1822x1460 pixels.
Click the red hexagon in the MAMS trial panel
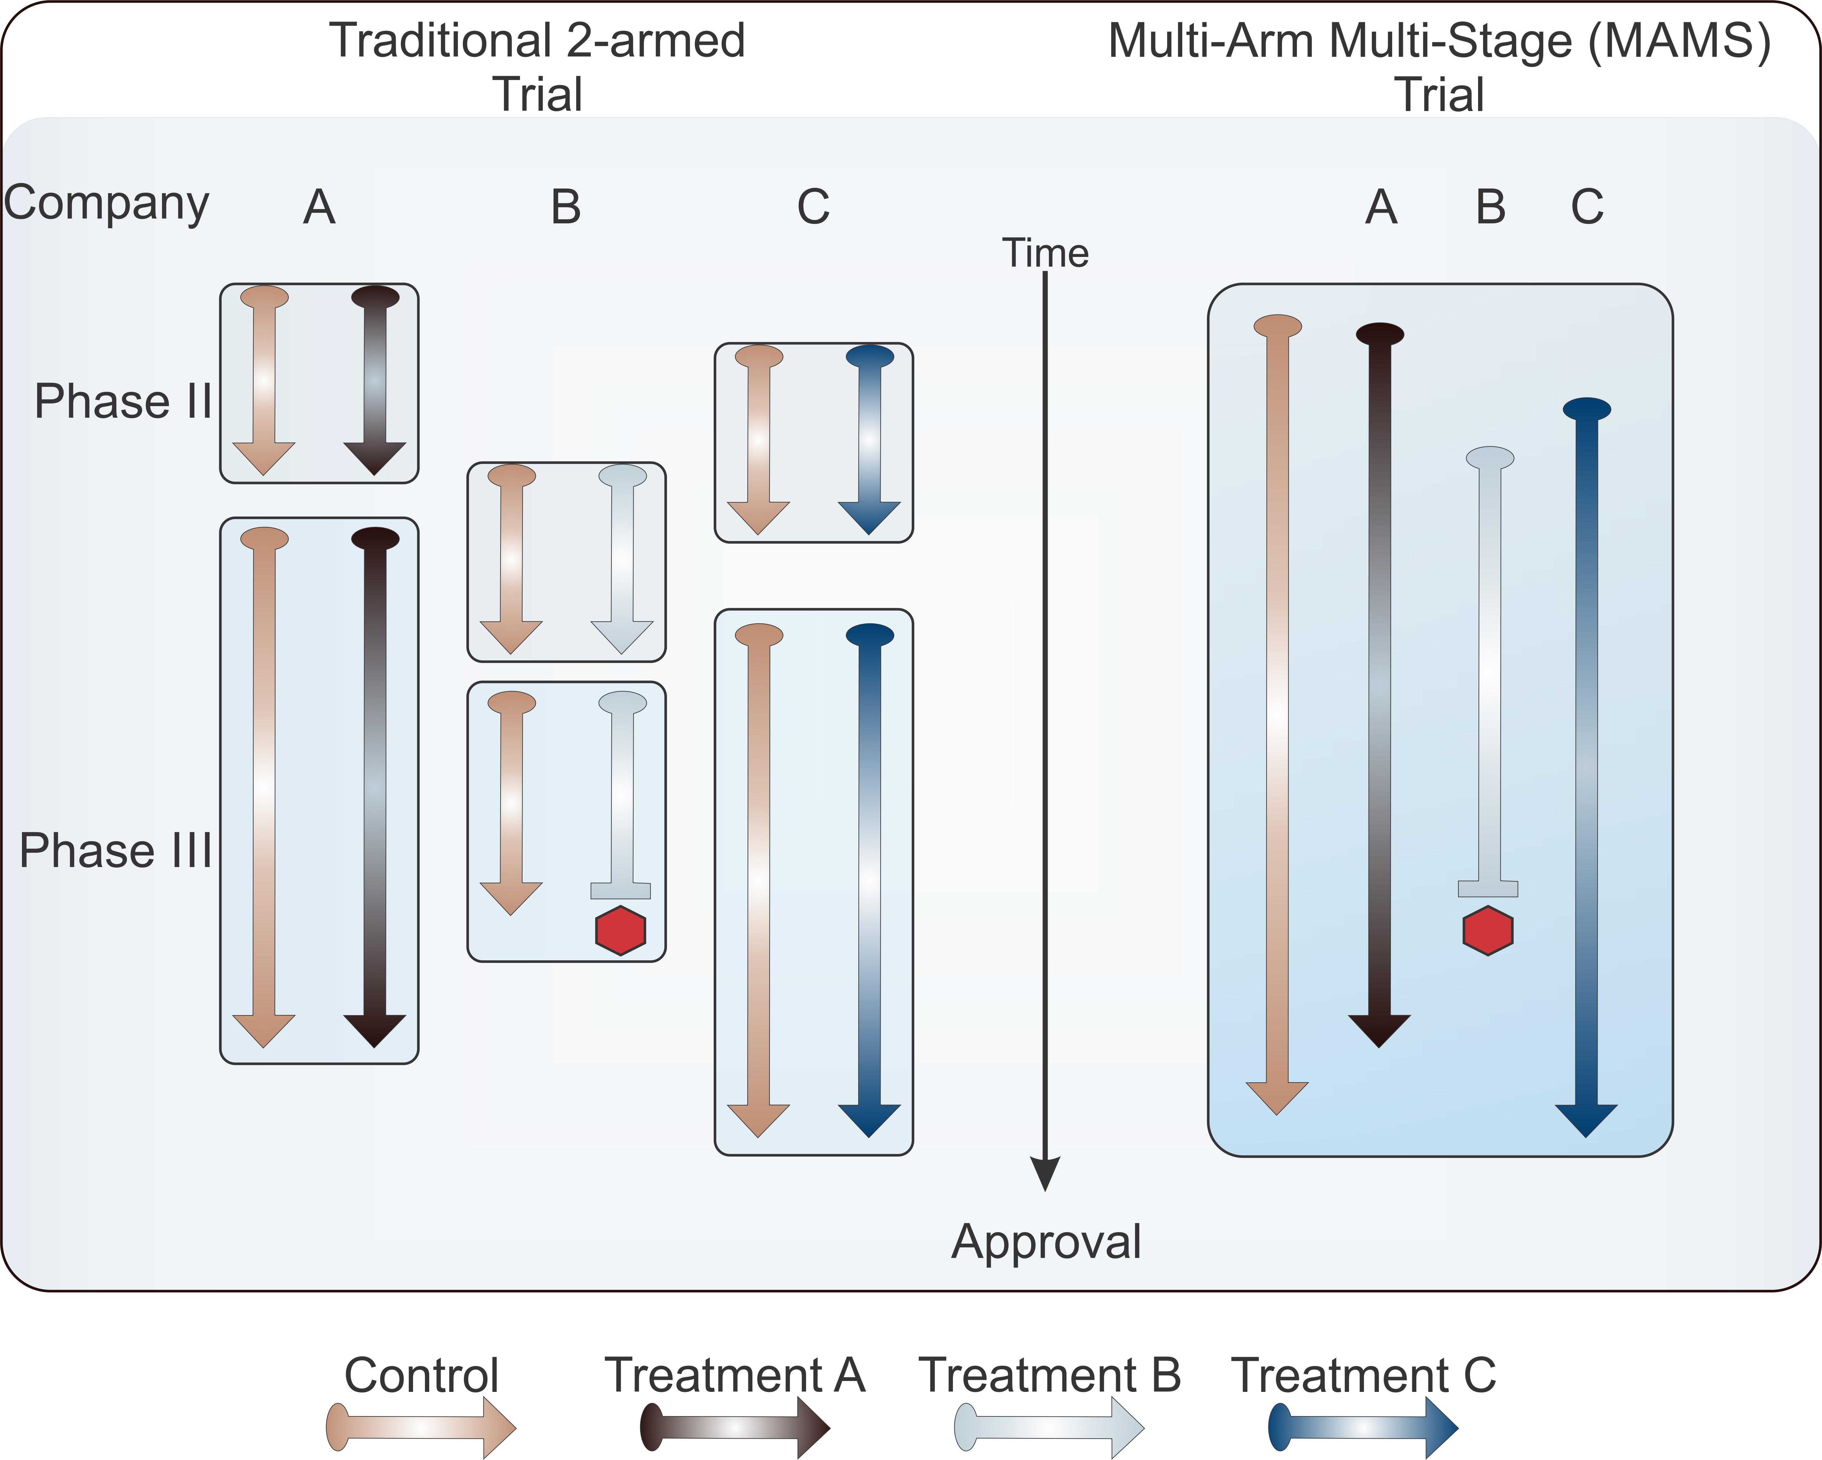pyautogui.click(x=1487, y=930)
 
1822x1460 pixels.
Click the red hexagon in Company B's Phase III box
pyautogui.click(x=620, y=930)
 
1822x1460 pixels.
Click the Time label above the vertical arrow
pyautogui.click(x=1045, y=253)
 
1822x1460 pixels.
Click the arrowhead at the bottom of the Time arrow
pyautogui.click(x=1045, y=1173)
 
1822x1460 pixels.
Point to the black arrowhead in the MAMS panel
pyautogui.click(x=1379, y=1029)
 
